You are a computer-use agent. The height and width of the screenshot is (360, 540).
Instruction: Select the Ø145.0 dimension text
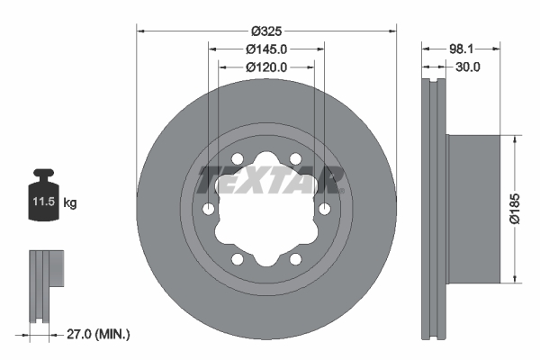[266, 49]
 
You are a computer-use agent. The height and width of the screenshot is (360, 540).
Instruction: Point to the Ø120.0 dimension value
[266, 67]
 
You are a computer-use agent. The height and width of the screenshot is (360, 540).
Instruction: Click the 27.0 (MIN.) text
[99, 334]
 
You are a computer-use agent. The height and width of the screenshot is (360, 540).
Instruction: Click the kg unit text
[70, 203]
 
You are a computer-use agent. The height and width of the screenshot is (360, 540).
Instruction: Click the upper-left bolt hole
[238, 159]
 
